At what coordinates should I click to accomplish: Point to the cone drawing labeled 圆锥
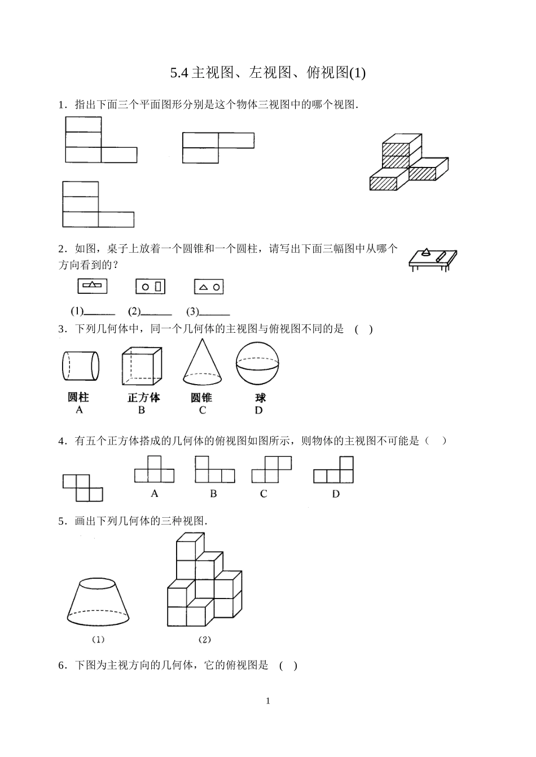201,364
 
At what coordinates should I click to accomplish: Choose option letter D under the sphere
258,411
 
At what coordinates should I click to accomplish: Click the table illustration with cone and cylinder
432,259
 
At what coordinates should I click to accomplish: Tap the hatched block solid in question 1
408,162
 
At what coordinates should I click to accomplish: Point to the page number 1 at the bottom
268,701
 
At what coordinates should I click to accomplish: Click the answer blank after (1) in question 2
100,313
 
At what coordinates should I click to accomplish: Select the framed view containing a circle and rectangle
150,287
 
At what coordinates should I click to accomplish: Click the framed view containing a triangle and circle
209,287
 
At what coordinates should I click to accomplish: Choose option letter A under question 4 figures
155,494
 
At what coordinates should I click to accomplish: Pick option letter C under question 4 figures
263,494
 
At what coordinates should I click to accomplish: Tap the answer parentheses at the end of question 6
288,666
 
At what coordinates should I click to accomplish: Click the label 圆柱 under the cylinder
78,397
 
